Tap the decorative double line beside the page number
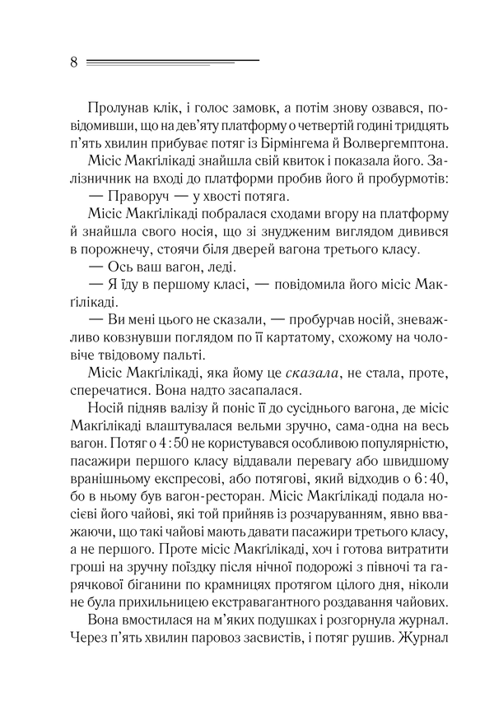coord(173,62)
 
